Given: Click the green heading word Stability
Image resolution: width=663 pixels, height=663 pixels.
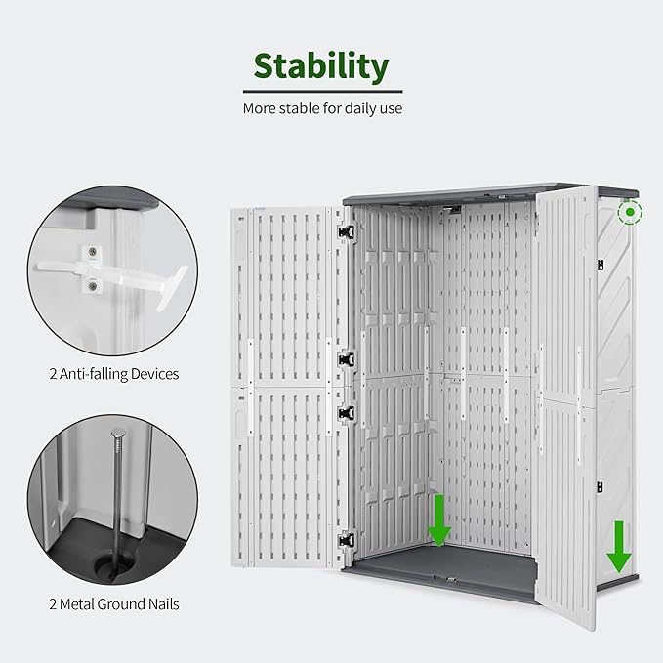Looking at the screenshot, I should point(321,66).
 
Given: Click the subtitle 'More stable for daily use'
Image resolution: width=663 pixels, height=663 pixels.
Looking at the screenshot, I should point(322,108).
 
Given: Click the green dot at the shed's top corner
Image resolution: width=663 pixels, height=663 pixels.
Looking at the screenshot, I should point(631,211).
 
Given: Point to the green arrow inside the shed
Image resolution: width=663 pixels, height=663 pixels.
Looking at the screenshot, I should point(438,520).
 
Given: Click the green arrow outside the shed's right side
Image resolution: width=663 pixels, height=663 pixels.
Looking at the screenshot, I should point(618,547).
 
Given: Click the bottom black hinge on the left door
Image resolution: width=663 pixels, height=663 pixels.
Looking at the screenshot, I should point(346,538).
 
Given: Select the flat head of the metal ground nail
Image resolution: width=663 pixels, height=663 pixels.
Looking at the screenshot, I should point(119,433).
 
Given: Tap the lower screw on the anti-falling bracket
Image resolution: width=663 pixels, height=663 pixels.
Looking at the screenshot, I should point(93,285).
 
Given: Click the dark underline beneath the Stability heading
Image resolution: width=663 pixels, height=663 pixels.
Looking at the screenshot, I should point(321,91).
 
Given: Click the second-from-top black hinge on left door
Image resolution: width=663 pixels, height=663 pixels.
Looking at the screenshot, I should point(346,359).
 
